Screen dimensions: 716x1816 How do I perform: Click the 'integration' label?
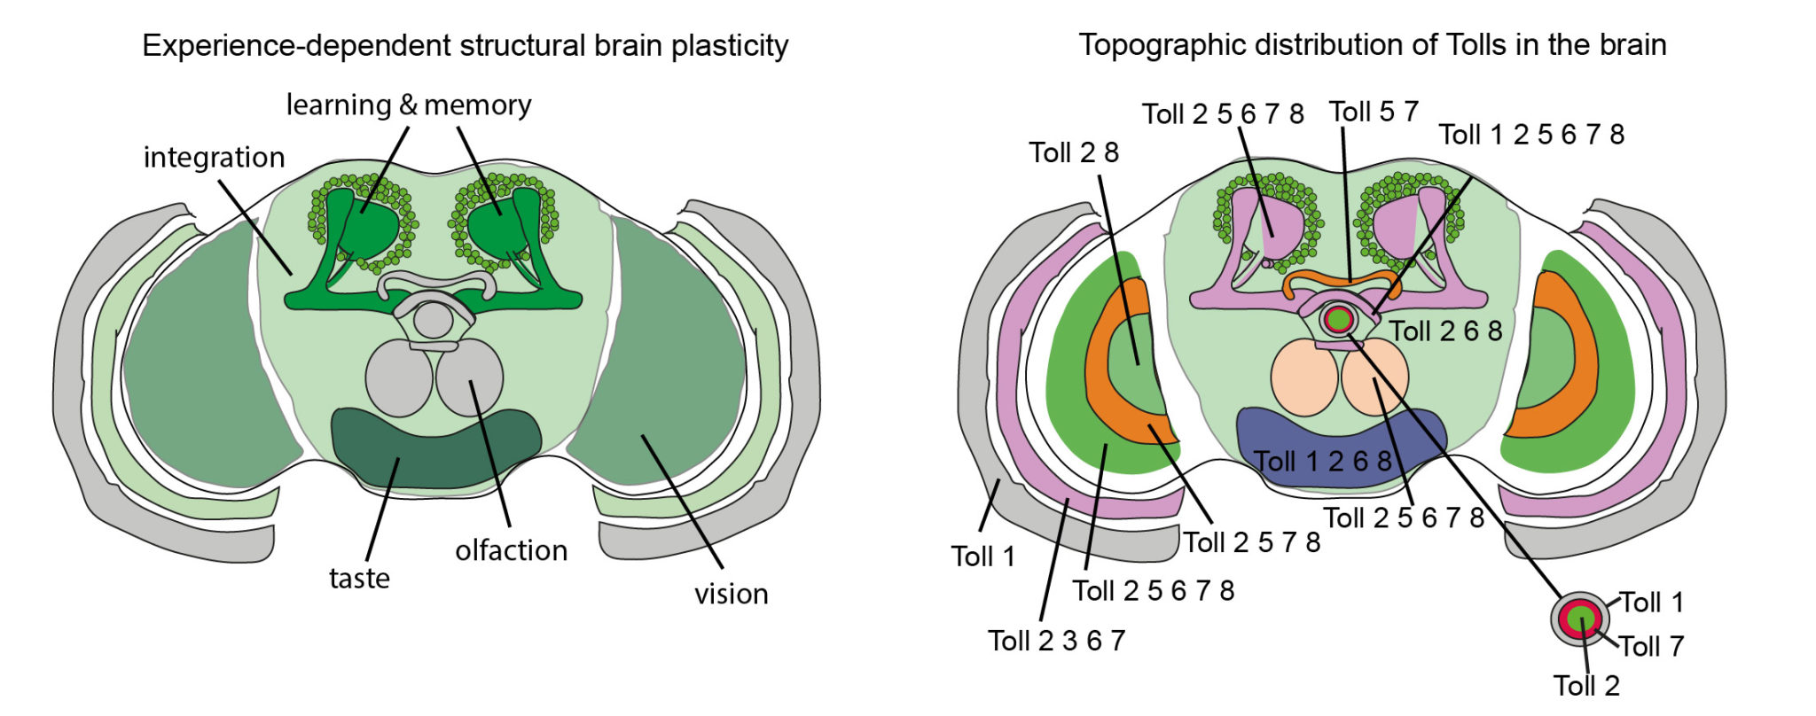(214, 158)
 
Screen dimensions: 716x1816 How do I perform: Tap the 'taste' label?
(359, 579)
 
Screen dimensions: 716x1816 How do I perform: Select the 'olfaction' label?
(511, 550)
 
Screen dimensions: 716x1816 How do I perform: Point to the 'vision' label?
(731, 594)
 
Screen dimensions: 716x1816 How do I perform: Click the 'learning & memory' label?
(408, 105)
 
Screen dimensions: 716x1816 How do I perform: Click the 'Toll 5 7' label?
(1374, 112)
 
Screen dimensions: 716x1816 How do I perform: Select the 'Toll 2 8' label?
(1074, 152)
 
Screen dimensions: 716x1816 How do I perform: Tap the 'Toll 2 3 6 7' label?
(1056, 640)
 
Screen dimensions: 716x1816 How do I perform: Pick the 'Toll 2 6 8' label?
(1445, 331)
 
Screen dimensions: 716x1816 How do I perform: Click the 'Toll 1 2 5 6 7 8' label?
(1531, 135)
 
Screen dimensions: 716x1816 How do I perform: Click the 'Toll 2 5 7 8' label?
(1251, 542)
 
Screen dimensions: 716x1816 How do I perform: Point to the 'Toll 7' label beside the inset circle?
(1651, 646)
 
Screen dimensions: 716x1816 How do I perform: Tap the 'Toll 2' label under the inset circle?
(1586, 685)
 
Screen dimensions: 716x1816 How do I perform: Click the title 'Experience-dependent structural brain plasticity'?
(465, 45)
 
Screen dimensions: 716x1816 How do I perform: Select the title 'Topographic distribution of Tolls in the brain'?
(1372, 44)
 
